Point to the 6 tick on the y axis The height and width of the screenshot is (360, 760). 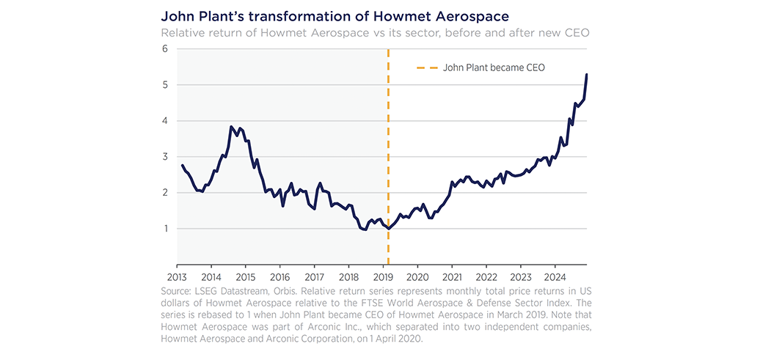point(166,49)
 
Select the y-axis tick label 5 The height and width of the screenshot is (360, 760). point(166,85)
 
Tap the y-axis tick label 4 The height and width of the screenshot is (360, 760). point(166,121)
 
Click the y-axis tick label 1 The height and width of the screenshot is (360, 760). point(166,229)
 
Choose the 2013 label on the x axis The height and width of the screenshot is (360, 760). point(177,277)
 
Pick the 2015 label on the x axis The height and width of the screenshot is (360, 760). point(245,277)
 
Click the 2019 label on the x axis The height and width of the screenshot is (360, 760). point(383,277)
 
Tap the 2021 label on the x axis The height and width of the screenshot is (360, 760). point(452,277)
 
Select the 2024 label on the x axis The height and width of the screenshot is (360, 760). point(555,277)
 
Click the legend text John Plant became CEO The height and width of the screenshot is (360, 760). point(494,67)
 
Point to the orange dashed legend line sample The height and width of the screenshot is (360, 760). point(426,67)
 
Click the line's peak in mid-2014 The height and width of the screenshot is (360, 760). point(231,127)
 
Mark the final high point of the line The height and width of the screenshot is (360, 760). point(587,74)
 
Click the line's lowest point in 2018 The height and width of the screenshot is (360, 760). point(365,230)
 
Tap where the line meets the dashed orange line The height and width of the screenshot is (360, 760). point(388,229)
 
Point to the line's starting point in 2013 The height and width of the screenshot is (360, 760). point(181,165)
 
